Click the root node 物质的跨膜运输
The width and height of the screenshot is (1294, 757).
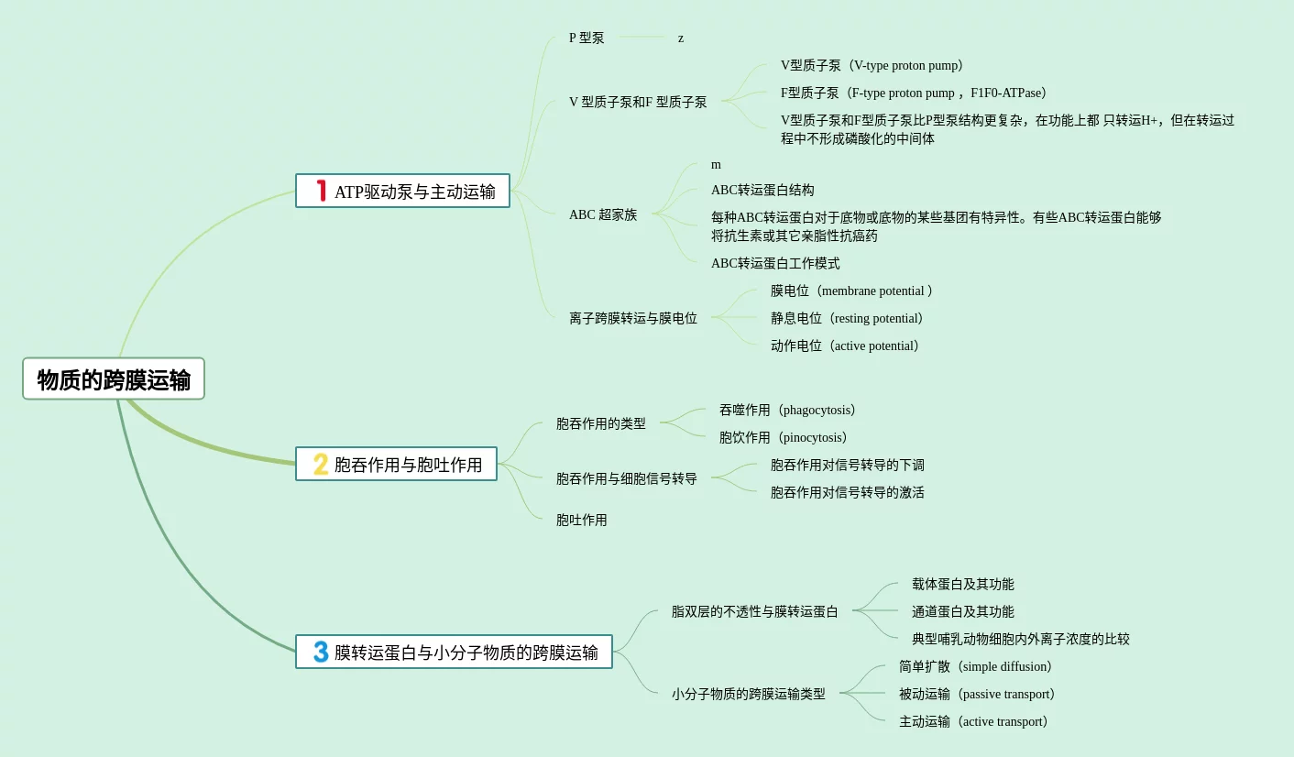[x=114, y=379]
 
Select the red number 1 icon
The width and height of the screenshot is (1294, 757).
[x=321, y=191]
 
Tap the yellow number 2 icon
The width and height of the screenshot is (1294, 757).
[x=321, y=465]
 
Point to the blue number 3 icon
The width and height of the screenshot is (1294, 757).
[x=321, y=652]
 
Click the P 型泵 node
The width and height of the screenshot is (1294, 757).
[x=587, y=38]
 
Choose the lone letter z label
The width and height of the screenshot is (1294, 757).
[x=681, y=38]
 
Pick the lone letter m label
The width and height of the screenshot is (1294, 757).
[x=716, y=165]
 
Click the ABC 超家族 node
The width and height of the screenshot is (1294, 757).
[x=603, y=215]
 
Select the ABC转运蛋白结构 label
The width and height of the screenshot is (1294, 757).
[x=762, y=191]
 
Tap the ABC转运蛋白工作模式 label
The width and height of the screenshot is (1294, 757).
[x=775, y=264]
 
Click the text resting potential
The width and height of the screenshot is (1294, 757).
[x=874, y=319]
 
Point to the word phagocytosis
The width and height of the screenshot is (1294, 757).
[x=818, y=411]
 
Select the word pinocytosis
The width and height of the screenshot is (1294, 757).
[x=814, y=438]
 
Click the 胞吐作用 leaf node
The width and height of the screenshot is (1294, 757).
[x=581, y=521]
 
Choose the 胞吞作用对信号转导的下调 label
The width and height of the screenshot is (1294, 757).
[x=848, y=466]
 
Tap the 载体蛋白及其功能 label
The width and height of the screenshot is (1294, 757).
[x=962, y=585]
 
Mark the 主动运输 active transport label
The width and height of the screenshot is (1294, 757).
[x=973, y=722]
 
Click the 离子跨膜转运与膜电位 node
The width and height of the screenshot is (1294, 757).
[x=633, y=319]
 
